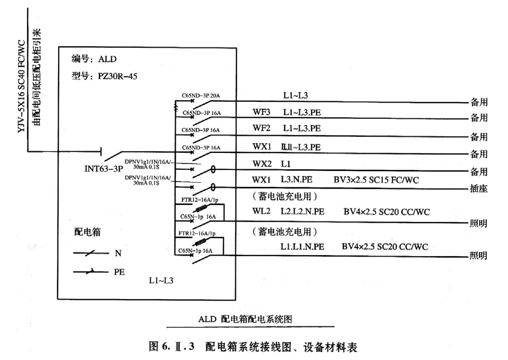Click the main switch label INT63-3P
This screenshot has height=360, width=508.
coord(103,169)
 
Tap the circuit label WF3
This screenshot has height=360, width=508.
coord(261,112)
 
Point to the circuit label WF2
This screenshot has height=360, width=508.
coord(261,128)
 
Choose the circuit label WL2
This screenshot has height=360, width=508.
coord(261,211)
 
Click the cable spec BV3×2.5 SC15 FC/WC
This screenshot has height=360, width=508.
coord(376,180)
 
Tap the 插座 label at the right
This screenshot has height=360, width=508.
coord(478,189)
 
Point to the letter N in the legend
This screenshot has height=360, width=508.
coord(118,253)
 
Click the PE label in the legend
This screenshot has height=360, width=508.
coord(119,271)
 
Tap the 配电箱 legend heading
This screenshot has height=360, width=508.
coord(88,232)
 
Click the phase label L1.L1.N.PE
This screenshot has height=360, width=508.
coord(302,247)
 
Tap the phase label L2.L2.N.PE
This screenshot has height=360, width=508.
coord(302,211)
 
